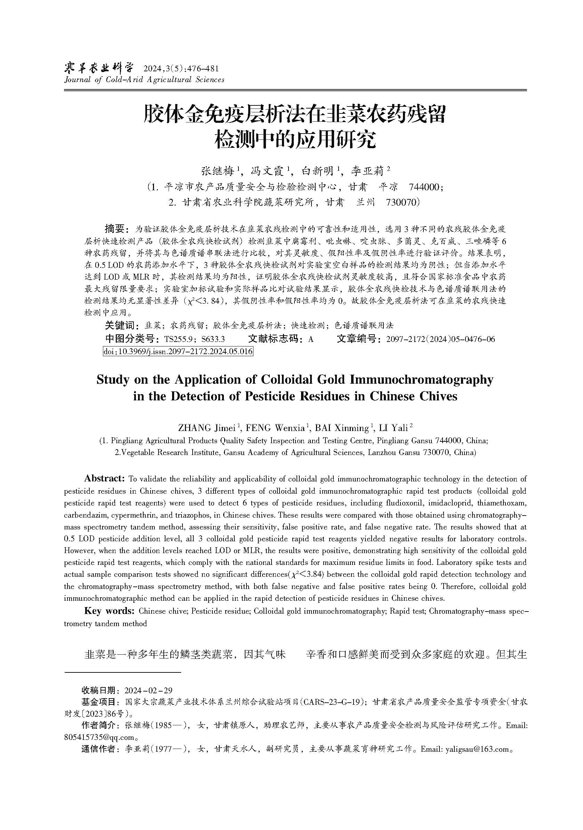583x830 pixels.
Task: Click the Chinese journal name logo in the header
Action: point(99,67)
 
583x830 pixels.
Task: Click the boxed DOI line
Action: point(178,351)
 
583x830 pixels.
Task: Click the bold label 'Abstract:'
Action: point(104,478)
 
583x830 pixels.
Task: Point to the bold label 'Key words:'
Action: point(110,610)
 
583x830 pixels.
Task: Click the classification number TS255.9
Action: point(180,339)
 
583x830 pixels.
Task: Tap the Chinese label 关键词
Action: point(120,325)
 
